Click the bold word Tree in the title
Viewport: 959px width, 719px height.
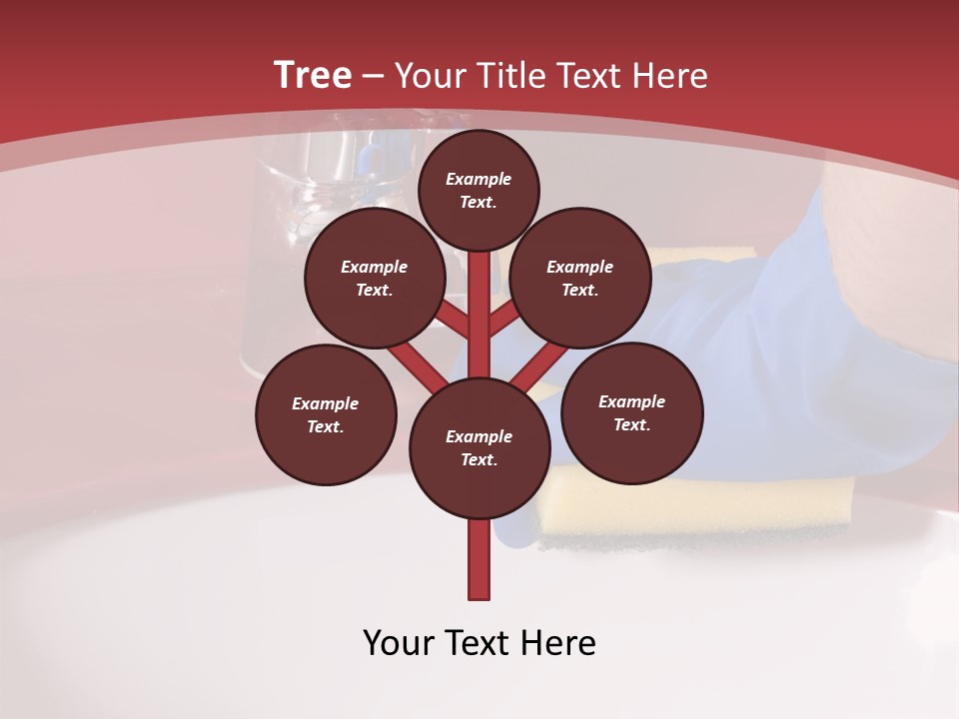313,75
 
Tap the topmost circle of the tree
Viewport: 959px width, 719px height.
479,190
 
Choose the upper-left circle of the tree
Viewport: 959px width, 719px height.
375,278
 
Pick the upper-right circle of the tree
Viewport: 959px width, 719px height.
580,278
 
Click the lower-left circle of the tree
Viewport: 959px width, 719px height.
326,414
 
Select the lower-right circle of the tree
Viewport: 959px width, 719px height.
632,412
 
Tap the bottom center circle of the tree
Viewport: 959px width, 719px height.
479,448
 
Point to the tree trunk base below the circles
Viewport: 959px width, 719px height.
479,564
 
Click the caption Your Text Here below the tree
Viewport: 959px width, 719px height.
479,643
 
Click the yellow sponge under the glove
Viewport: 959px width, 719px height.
699,504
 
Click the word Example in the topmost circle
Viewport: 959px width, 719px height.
479,179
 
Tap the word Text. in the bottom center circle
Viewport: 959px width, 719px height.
479,460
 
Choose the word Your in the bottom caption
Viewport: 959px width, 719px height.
400,643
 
